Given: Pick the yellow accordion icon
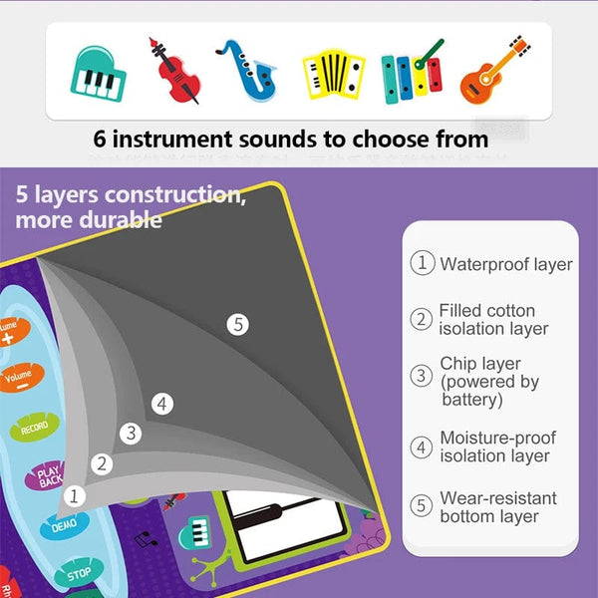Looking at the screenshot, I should click(333, 73).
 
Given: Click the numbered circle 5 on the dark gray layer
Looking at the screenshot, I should click(236, 323).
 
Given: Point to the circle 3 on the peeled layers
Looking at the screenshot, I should click(130, 433).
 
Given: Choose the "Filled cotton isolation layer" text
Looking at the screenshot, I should click(492, 320).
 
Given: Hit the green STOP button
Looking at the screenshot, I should click(78, 573).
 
